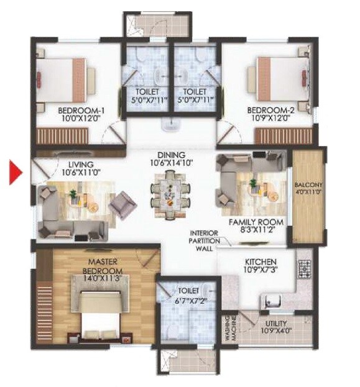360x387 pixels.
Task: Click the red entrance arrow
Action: (x=15, y=172)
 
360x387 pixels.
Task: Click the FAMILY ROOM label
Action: (x=256, y=222)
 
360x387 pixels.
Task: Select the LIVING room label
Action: (x=80, y=163)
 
